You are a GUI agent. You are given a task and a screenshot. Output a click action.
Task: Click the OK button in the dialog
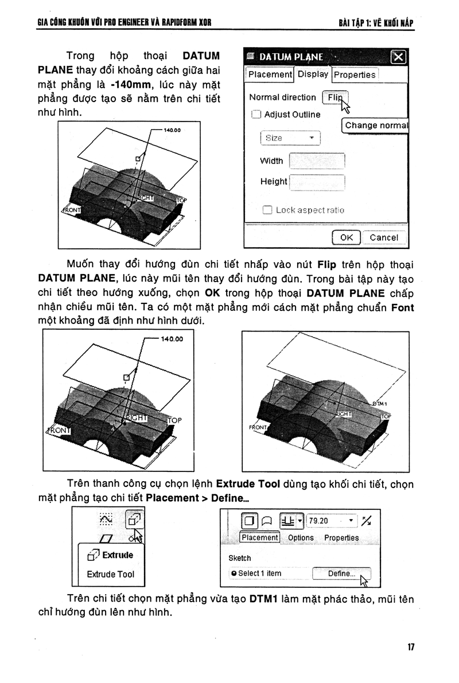(x=346, y=237)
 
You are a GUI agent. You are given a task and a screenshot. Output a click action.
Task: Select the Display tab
(x=313, y=74)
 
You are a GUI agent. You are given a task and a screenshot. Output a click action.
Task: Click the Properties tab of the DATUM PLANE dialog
(x=355, y=75)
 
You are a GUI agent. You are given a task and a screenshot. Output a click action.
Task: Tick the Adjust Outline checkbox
(x=256, y=114)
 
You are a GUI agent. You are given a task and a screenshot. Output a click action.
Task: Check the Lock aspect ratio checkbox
(x=267, y=210)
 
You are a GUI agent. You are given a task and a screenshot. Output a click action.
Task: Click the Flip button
(x=335, y=97)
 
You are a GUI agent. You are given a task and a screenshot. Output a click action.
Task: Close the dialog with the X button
(x=398, y=57)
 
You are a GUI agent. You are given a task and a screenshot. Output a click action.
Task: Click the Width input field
(x=317, y=161)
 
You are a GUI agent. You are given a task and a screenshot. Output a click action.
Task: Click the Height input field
(x=317, y=182)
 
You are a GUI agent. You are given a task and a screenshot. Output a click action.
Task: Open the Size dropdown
(x=290, y=138)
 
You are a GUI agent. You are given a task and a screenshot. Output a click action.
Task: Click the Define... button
(x=341, y=573)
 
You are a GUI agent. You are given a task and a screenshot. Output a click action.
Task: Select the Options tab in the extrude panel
(x=301, y=538)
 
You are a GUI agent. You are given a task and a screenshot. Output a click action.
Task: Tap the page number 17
(x=411, y=647)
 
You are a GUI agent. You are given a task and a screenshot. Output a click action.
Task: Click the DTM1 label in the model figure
(x=380, y=404)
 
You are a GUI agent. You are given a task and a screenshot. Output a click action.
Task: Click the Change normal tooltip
(x=376, y=125)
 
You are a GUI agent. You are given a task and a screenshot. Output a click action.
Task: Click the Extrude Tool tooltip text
(x=110, y=574)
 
